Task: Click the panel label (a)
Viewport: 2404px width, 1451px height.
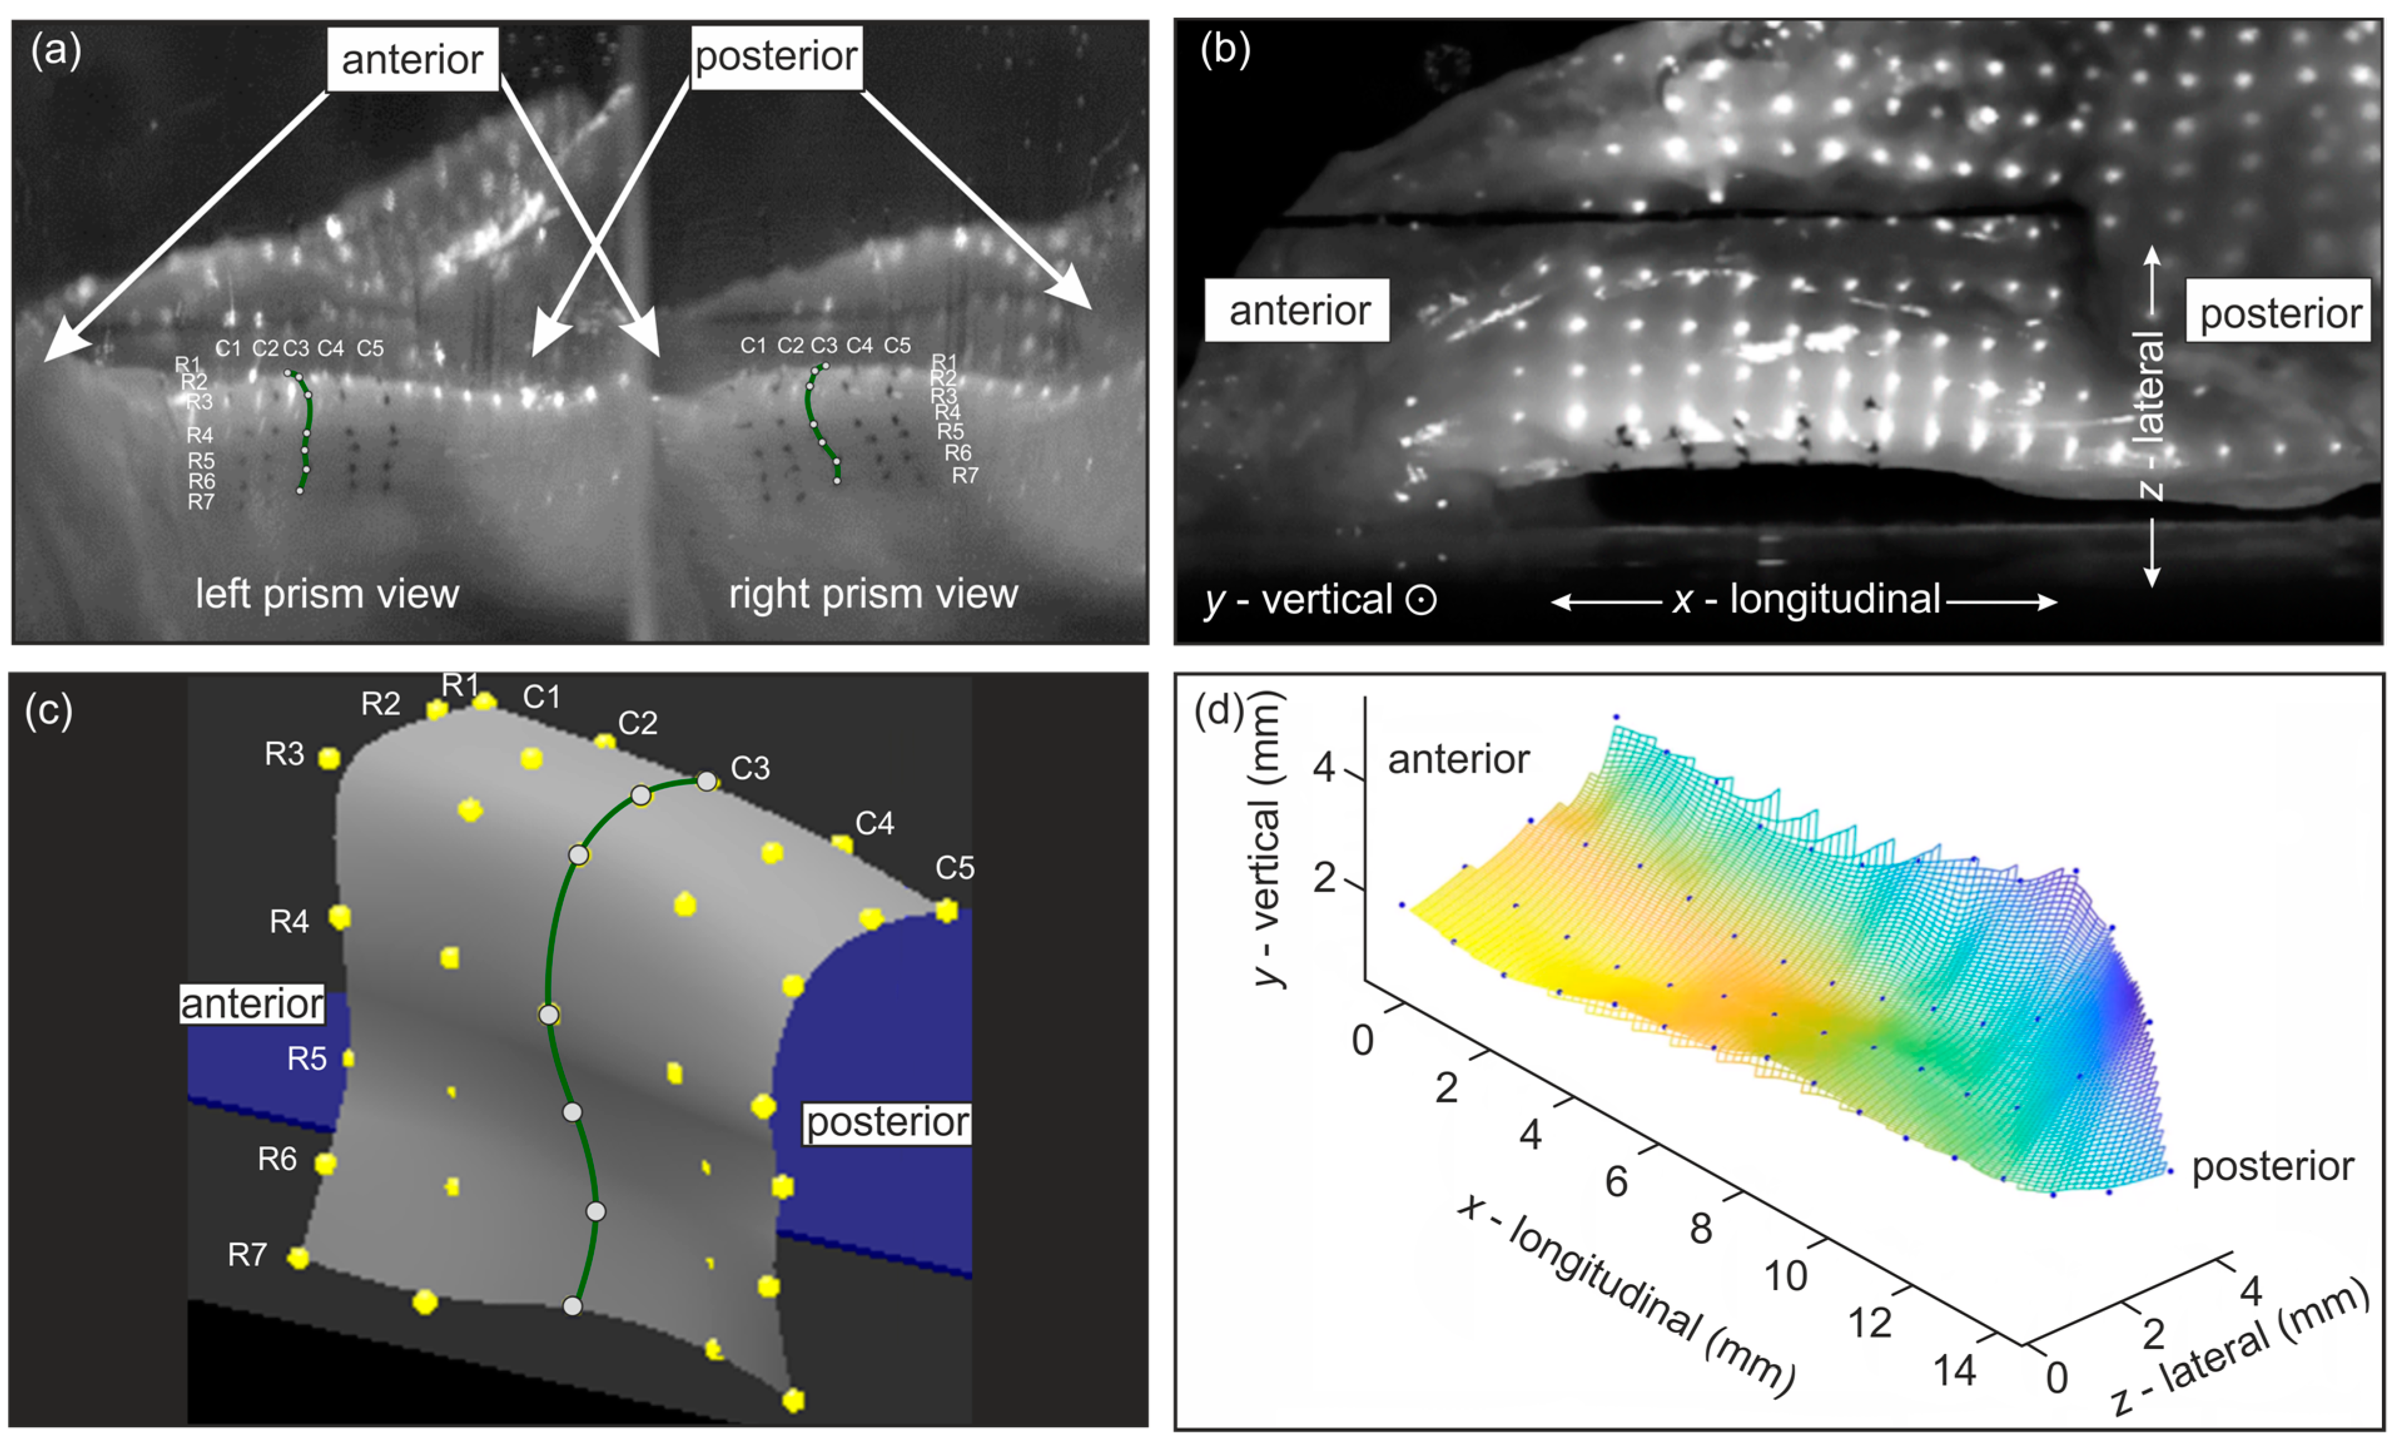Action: [56, 51]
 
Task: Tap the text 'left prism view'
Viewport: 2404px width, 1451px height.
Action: [327, 594]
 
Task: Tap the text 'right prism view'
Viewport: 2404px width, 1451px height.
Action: [873, 594]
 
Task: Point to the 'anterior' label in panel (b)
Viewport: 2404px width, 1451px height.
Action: [1298, 311]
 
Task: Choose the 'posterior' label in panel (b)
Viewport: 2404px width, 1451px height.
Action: [2279, 313]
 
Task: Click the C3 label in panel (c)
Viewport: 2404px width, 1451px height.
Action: [749, 769]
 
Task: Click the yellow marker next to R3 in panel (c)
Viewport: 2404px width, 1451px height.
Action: [329, 758]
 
